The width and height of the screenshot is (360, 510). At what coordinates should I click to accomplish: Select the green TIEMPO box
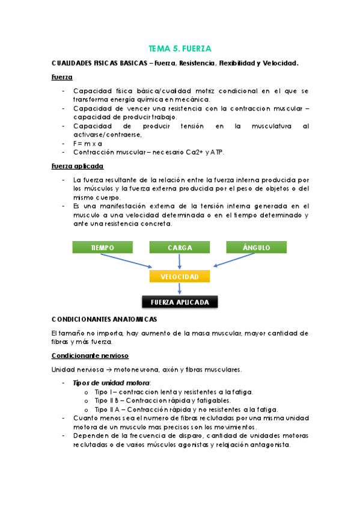(x=102, y=247)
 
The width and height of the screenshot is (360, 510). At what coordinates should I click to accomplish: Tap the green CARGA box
(x=180, y=247)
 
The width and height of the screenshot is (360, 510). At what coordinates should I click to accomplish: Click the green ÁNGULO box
(x=257, y=247)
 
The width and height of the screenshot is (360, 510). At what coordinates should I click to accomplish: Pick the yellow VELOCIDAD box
(x=180, y=276)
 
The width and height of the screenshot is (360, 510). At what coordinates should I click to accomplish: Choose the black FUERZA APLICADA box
(x=180, y=302)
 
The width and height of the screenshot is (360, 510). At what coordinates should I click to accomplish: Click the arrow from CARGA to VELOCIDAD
(x=180, y=261)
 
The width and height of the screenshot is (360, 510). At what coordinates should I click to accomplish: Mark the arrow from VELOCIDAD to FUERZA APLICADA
(x=180, y=289)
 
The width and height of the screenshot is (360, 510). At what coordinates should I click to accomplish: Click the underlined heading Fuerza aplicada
(x=78, y=165)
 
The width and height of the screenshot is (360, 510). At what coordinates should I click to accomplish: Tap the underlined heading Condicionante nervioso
(x=90, y=355)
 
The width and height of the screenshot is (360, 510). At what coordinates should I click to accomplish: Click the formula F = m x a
(x=88, y=144)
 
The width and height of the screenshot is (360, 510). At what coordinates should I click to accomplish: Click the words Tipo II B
(x=107, y=401)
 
